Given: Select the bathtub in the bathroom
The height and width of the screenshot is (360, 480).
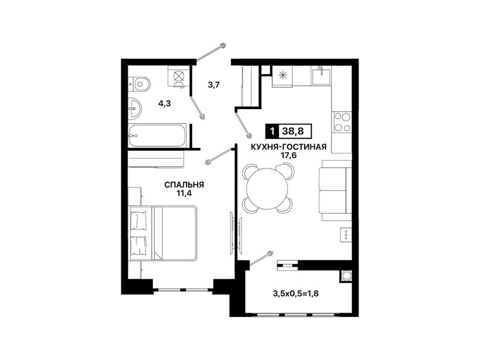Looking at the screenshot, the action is click(157, 135).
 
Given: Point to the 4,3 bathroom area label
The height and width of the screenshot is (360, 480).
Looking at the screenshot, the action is click(164, 104).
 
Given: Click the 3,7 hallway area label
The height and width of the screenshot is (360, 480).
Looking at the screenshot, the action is click(214, 85).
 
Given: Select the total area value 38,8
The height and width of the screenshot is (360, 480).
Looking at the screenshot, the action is click(293, 131).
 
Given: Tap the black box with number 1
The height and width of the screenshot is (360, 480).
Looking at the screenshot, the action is click(272, 131).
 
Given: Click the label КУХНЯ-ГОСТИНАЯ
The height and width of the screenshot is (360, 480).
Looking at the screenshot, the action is click(289, 147).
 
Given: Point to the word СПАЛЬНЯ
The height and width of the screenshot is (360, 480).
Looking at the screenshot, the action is click(184, 185).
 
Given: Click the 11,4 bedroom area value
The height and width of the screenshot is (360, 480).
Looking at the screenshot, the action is click(184, 193).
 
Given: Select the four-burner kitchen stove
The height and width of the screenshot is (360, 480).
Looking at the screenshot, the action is click(342, 122).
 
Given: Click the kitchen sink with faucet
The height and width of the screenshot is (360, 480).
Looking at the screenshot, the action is click(321, 76).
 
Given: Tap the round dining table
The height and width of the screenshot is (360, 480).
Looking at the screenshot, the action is click(267, 188).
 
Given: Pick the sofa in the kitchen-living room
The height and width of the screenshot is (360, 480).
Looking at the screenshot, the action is click(335, 190).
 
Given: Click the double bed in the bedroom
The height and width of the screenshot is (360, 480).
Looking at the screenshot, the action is click(163, 233).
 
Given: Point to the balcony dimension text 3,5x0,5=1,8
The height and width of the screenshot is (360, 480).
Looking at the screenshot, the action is click(296, 294).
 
